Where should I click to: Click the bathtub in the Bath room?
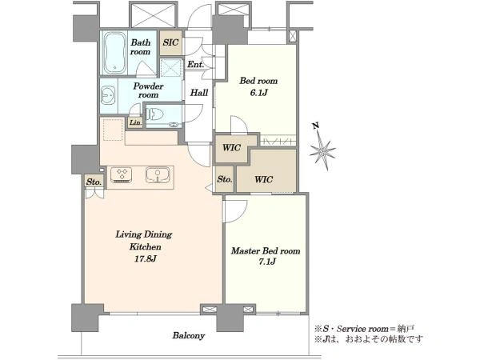114,53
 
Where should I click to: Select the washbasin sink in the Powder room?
107,95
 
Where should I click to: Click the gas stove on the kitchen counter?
122,174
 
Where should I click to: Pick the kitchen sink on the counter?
158,174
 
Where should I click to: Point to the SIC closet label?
170,42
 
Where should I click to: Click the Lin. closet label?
136,122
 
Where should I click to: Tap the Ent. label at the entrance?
195,65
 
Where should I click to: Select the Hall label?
199,93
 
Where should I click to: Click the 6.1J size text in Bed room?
258,93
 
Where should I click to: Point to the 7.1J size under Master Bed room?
267,262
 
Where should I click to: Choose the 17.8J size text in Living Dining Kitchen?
146,259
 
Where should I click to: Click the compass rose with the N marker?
322,150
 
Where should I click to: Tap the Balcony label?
189,335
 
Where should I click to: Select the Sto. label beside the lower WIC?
225,179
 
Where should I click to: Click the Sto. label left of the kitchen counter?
94,182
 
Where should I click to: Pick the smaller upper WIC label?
231,148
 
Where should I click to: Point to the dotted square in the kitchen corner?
113,130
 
